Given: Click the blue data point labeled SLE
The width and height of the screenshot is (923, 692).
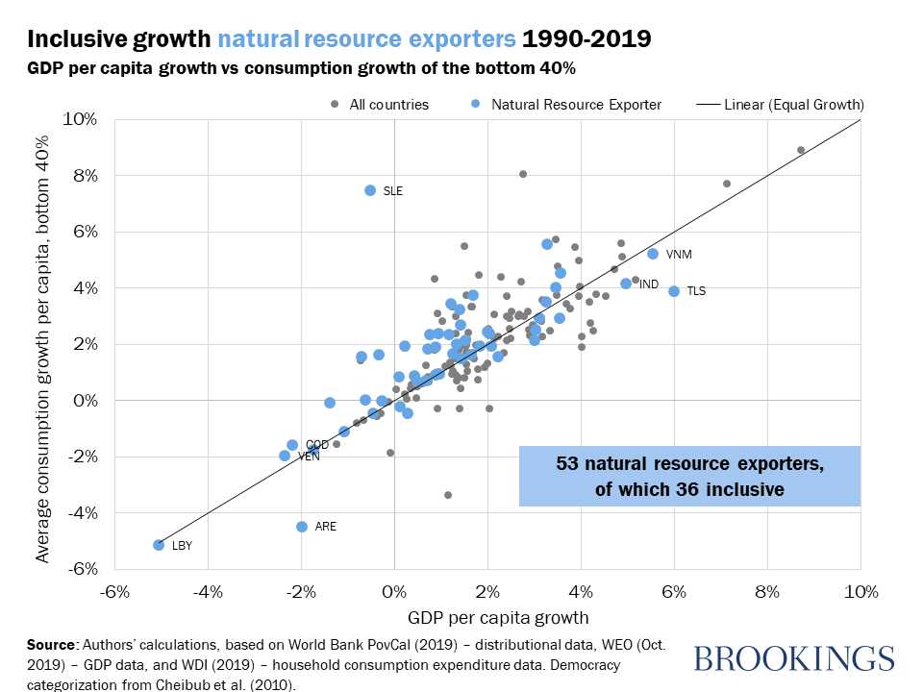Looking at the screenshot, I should coord(370,190).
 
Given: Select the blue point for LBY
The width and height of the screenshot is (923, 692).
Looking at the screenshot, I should coord(159,545).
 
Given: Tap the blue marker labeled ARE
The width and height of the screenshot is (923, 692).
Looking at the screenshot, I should coord(302,527).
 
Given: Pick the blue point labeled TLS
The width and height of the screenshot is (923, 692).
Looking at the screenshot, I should coord(674,291).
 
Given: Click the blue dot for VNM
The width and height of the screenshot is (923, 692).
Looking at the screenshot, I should coord(653,254).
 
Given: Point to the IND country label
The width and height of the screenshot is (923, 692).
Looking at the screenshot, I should coord(649,284).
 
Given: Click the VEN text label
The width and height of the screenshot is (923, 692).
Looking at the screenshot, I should coord(309,457).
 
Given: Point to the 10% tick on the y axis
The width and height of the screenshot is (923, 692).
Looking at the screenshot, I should coord(81,119).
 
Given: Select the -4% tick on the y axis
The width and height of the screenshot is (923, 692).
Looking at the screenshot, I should coord(81,512).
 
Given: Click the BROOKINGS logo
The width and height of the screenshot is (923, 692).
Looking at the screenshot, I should coord(793,658).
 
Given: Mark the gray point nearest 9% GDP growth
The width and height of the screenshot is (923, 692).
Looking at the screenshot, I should coord(801,150).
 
